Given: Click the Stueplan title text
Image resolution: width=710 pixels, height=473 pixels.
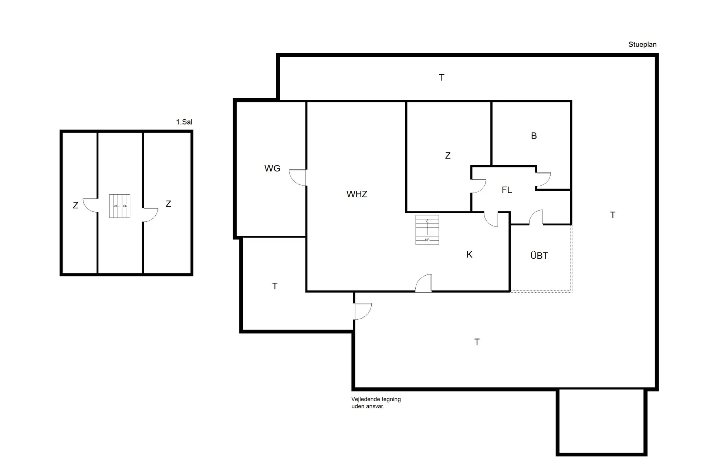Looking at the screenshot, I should point(642,45).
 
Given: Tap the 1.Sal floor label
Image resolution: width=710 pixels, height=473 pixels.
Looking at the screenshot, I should point(184,122).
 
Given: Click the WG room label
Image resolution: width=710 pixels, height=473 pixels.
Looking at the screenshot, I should point(272,169).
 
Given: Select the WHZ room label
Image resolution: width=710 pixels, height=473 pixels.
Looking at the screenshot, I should point(357,194).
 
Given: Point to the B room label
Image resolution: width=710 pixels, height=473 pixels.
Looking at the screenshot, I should point(534,136).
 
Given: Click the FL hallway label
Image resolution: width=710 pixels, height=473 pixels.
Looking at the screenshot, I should point(507,190).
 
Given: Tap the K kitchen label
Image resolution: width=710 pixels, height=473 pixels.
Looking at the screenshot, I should point(469,255).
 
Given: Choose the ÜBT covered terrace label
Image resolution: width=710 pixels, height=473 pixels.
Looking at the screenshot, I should point(539,256).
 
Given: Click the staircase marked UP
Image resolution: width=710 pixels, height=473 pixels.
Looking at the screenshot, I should point(427,230).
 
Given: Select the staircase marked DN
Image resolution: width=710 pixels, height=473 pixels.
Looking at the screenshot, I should point(119,206).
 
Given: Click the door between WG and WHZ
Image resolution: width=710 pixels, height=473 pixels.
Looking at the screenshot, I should point(298,177).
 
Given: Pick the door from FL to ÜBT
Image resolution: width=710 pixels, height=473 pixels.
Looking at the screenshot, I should point(536,218).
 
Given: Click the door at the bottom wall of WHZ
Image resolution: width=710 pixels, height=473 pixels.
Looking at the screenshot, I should point(424,284).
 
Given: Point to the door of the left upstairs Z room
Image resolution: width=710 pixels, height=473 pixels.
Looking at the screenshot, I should point(91,205).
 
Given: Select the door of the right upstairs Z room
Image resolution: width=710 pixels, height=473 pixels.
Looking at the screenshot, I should point(150,215).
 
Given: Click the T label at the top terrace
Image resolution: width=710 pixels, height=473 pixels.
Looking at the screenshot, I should point(442,78).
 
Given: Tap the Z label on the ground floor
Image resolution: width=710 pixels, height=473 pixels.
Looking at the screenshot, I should point(447,156).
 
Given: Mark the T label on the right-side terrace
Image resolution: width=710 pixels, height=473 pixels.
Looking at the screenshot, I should point(612,215).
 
